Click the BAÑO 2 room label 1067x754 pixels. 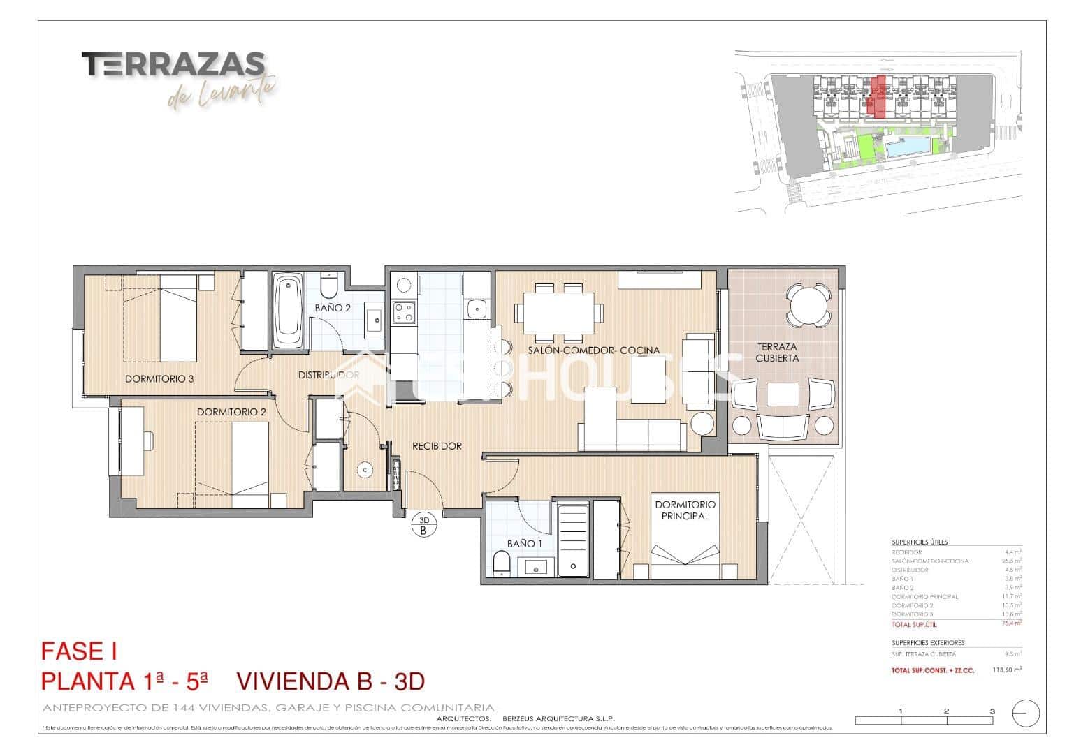pyautogui.click(x=333, y=307)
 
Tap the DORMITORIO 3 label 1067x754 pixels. pyautogui.click(x=159, y=379)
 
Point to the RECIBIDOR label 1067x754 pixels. pyautogui.click(x=437, y=446)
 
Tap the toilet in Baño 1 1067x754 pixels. pyautogui.click(x=502, y=563)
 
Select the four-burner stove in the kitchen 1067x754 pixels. pyautogui.click(x=403, y=312)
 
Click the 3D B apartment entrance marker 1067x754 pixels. pyautogui.click(x=423, y=524)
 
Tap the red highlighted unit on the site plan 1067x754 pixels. pyautogui.click(x=876, y=96)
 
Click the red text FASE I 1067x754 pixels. pyautogui.click(x=79, y=651)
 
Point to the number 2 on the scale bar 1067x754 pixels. pyautogui.click(x=945, y=711)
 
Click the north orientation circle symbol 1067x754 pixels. pyautogui.click(x=1025, y=714)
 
